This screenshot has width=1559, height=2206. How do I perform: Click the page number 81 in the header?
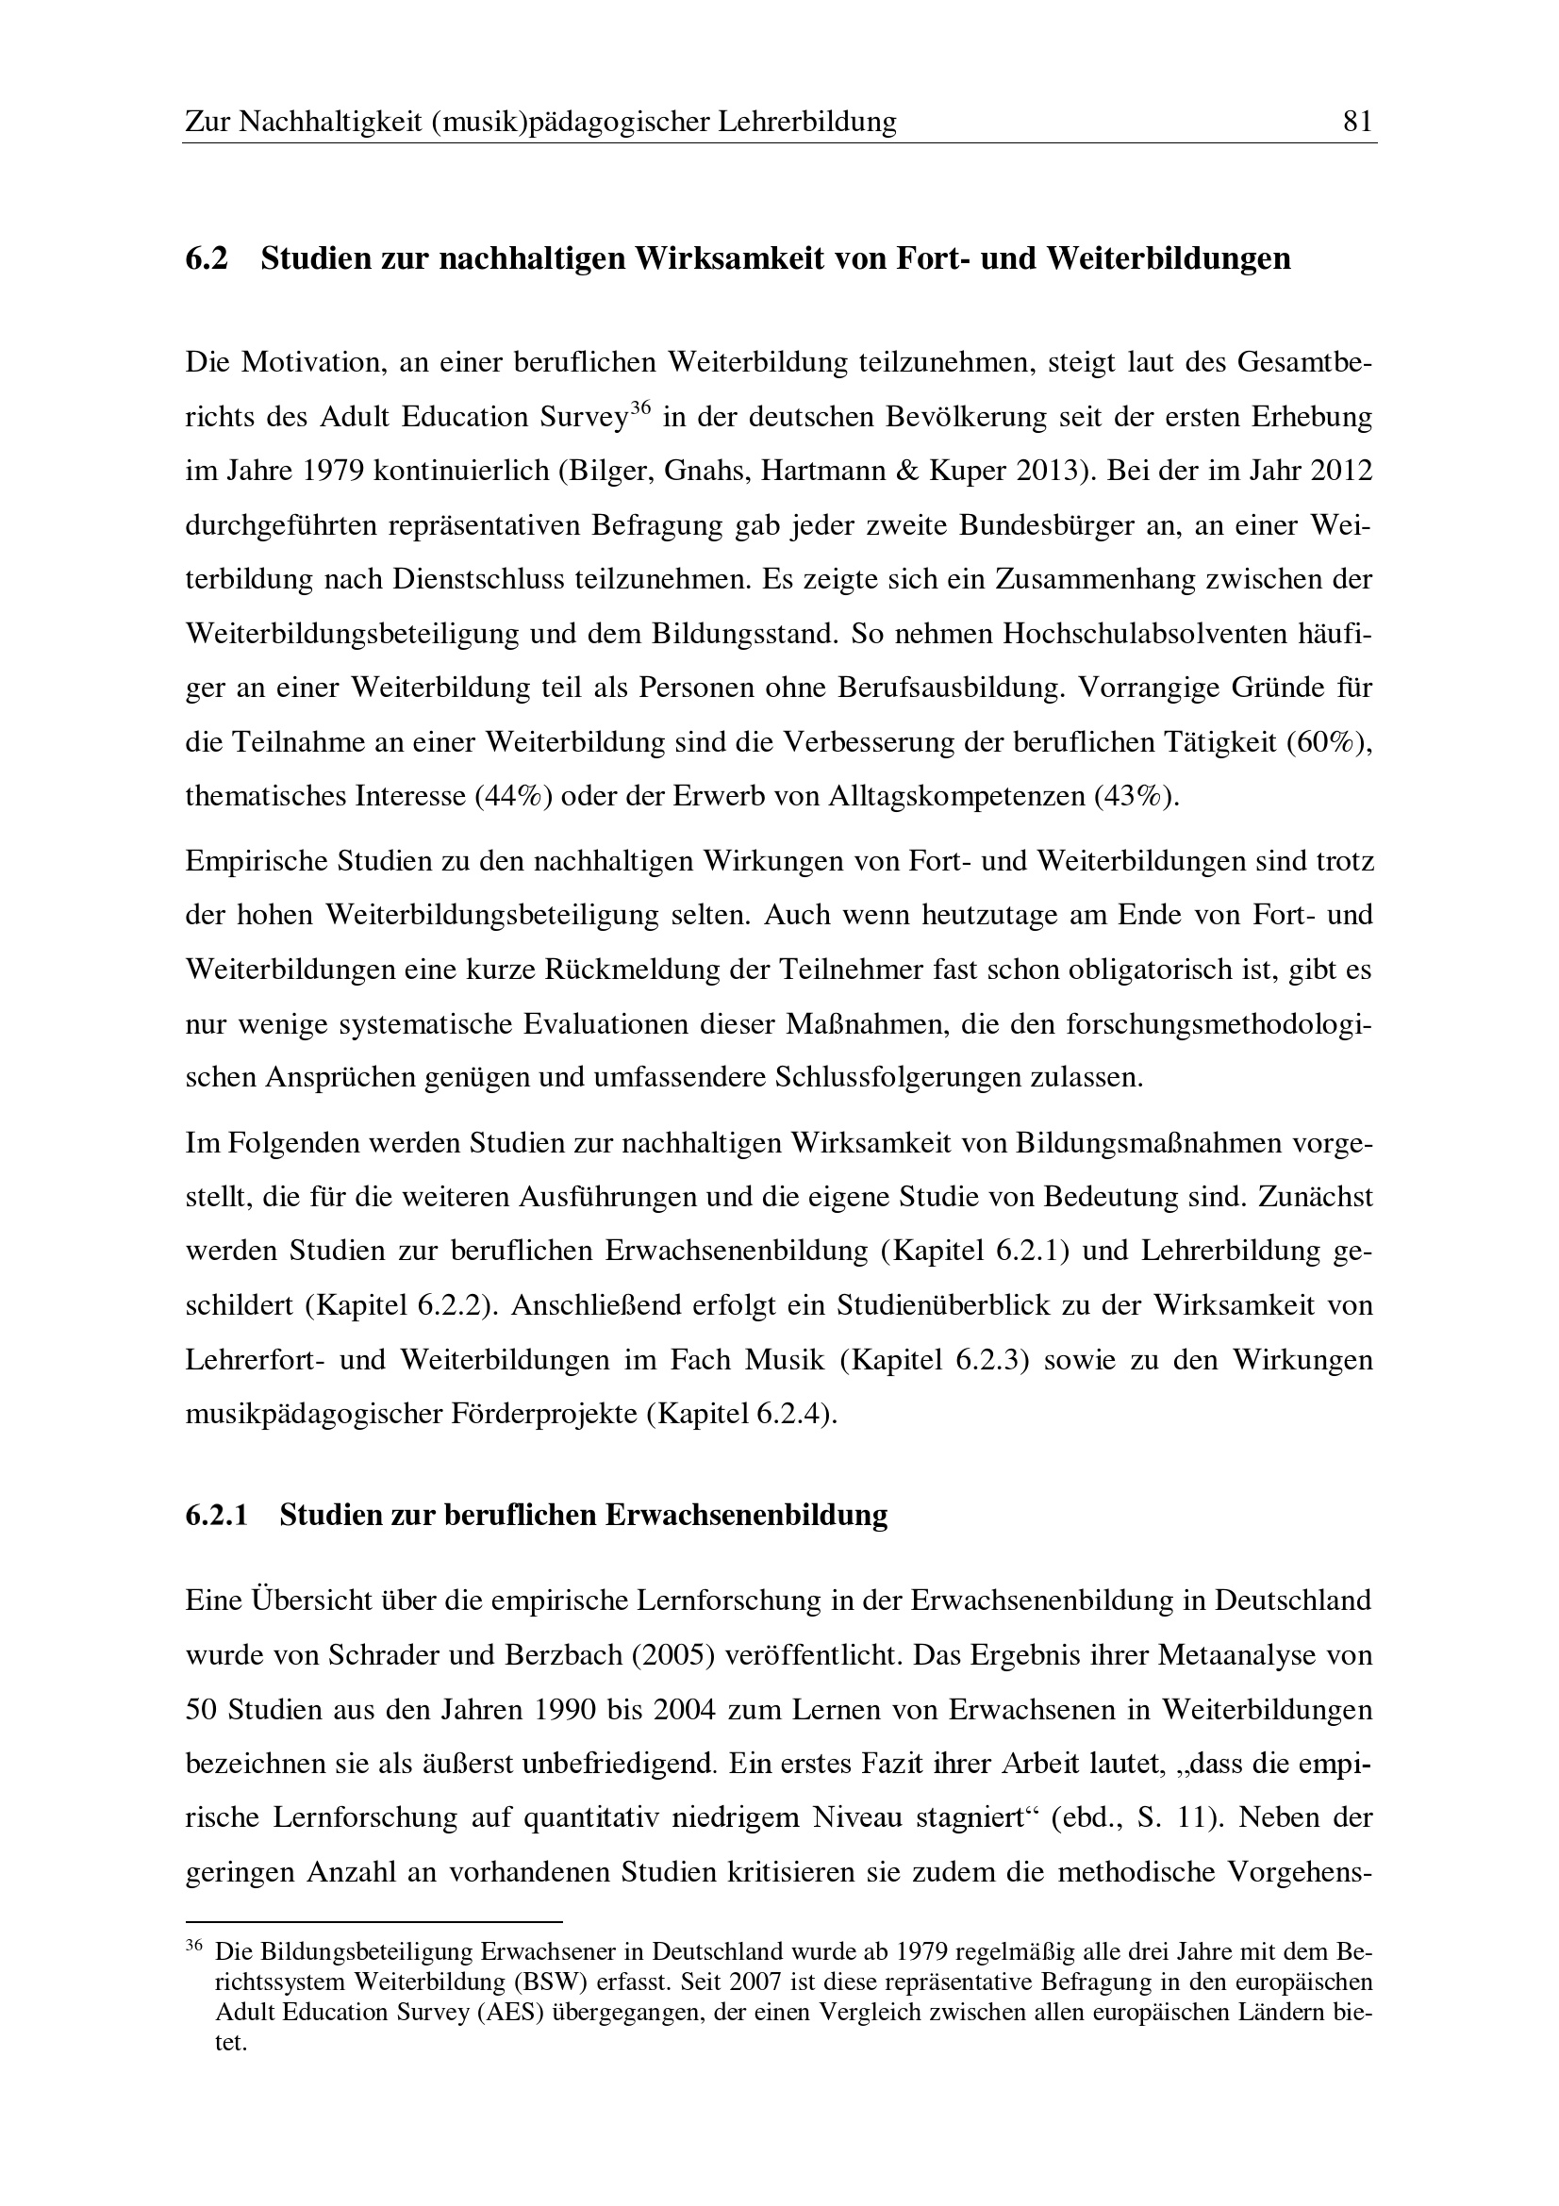tap(1356, 122)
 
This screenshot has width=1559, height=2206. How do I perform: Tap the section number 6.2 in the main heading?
tap(207, 259)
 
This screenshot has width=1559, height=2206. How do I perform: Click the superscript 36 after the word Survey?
tap(640, 408)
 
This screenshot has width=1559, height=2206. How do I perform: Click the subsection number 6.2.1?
tap(217, 1515)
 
